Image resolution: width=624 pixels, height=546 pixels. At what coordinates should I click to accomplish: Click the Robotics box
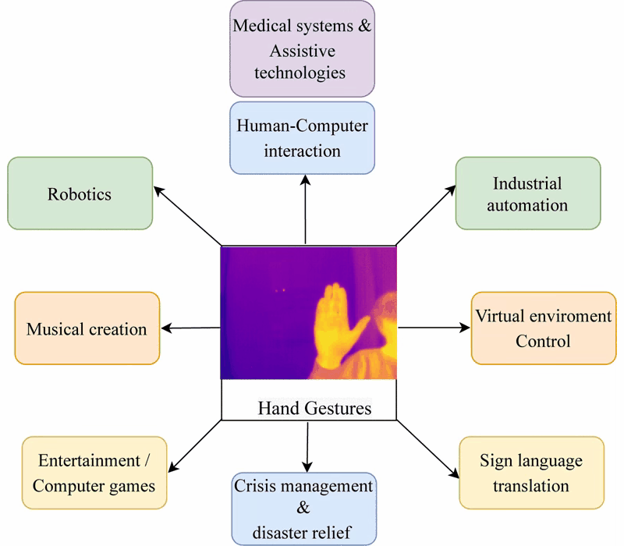80,193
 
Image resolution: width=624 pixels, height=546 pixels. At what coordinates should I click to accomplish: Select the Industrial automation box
528,193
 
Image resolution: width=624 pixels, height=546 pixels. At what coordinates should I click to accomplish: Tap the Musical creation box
87,328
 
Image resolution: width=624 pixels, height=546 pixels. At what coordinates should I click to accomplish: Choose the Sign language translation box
532,473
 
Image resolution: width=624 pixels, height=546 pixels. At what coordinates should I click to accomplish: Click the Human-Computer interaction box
302,138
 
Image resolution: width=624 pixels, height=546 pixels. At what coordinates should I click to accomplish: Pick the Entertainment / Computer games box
94,473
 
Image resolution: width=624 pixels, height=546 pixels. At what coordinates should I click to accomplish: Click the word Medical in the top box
262,26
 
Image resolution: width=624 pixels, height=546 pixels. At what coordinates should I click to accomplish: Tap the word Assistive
303,51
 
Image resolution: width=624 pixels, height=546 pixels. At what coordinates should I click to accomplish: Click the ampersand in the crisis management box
303,508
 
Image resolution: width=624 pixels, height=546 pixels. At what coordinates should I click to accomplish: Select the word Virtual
500,316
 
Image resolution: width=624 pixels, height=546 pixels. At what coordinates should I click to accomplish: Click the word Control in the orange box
543,341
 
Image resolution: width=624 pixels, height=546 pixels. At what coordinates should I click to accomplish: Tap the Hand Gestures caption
314,408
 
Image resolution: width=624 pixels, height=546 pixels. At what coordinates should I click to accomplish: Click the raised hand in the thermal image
335,326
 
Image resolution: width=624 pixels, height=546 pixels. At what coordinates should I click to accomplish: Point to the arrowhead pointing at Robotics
158,190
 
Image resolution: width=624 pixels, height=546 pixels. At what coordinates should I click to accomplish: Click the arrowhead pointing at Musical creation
166,328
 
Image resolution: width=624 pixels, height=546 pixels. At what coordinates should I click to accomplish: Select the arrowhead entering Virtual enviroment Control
465,328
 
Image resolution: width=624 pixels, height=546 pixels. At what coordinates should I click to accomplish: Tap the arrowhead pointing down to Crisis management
307,466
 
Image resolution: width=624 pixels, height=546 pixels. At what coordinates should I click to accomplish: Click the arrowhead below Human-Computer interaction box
305,180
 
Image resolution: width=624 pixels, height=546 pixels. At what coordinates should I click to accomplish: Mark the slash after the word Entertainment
147,461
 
